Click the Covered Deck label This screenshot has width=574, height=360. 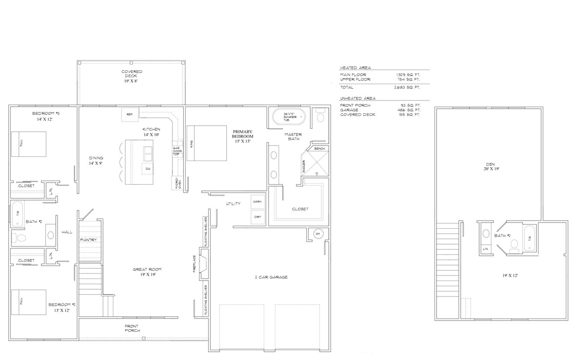click(x=132, y=76)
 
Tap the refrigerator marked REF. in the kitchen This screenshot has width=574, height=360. click(x=130, y=115)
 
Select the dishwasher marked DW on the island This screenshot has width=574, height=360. click(x=148, y=168)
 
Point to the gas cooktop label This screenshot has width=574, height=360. click(x=177, y=151)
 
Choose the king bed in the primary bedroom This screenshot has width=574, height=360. click(x=207, y=143)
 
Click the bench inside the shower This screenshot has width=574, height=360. click(x=319, y=148)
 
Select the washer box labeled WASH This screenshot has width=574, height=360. click(x=258, y=202)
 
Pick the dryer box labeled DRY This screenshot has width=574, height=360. click(x=258, y=217)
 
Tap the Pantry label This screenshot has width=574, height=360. click(x=88, y=240)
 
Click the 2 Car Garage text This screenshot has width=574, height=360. click(x=271, y=277)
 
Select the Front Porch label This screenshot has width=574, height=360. click(x=131, y=328)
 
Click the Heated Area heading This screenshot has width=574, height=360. click(x=355, y=68)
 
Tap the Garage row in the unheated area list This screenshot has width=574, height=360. click(x=380, y=110)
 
